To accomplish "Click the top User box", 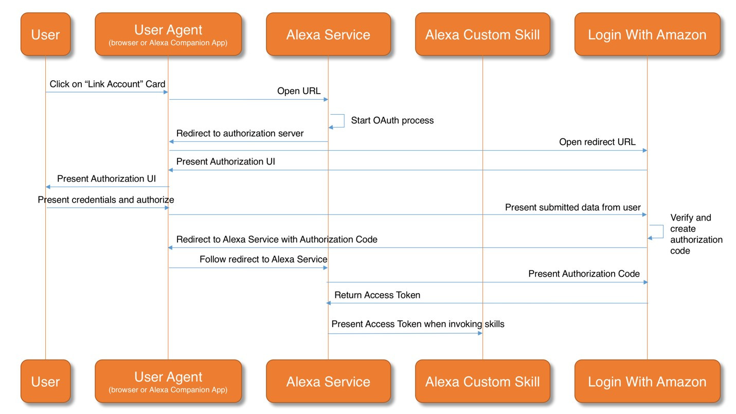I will [x=45, y=34].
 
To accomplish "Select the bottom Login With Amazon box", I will [x=647, y=382].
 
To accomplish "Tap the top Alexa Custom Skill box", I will [x=482, y=34].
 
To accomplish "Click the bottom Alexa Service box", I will [x=328, y=382].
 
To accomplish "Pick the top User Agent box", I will [x=168, y=34].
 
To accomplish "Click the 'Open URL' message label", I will [x=299, y=91].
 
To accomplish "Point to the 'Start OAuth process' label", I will [x=392, y=120].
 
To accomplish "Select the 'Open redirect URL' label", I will [x=597, y=142].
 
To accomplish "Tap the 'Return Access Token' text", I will [x=377, y=295].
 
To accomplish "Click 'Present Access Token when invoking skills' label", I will [x=418, y=324].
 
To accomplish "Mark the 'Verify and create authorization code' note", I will [x=696, y=234].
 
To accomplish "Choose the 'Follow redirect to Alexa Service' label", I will [x=263, y=259].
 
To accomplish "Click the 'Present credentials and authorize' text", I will [x=106, y=200].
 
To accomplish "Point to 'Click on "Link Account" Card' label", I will [x=107, y=84].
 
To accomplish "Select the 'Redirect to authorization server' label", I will [x=240, y=133].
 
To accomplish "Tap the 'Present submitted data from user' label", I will [x=572, y=207].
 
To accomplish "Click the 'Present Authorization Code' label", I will [x=584, y=274].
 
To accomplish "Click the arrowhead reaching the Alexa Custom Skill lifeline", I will [x=480, y=333].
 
